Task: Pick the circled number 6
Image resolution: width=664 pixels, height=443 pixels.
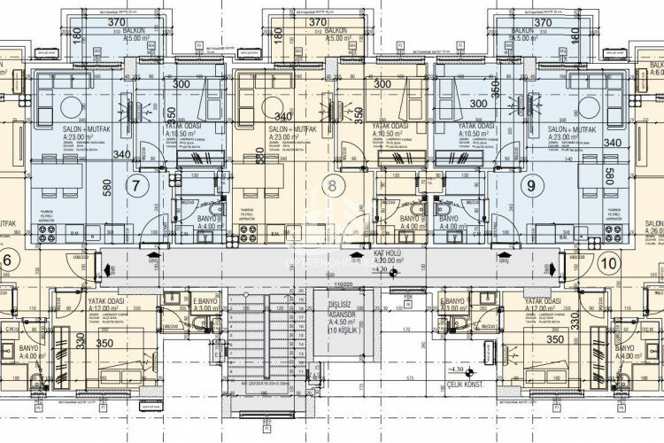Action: tap(9, 261)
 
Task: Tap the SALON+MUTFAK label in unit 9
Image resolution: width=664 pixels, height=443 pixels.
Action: tap(578, 128)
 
